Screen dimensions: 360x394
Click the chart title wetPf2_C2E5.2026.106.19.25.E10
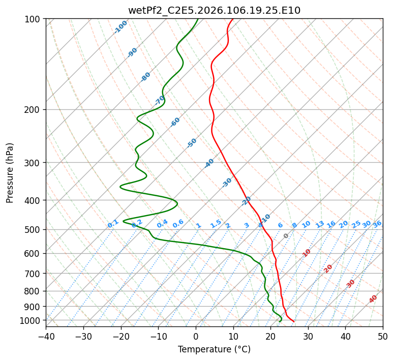[x=214, y=10]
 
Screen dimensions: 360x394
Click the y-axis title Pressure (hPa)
[x=10, y=172]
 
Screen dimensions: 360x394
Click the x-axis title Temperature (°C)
[x=214, y=349]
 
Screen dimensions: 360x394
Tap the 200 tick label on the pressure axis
[x=33, y=109]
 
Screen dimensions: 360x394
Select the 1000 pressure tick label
[x=31, y=320]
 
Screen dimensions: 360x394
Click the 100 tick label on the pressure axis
[x=33, y=19]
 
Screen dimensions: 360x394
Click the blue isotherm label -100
[x=120, y=27]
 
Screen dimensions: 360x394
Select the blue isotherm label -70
[x=160, y=100]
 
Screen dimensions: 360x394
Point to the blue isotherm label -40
[x=209, y=163]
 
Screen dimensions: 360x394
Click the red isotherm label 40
[x=373, y=299]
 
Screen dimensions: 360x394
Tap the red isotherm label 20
[x=328, y=268]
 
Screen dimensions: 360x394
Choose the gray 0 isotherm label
[x=286, y=236]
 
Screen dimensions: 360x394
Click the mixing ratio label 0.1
[x=113, y=223]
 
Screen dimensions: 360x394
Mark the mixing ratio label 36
[x=377, y=224]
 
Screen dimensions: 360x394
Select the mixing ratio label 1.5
[x=216, y=223]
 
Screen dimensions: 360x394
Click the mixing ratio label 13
[x=320, y=224]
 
